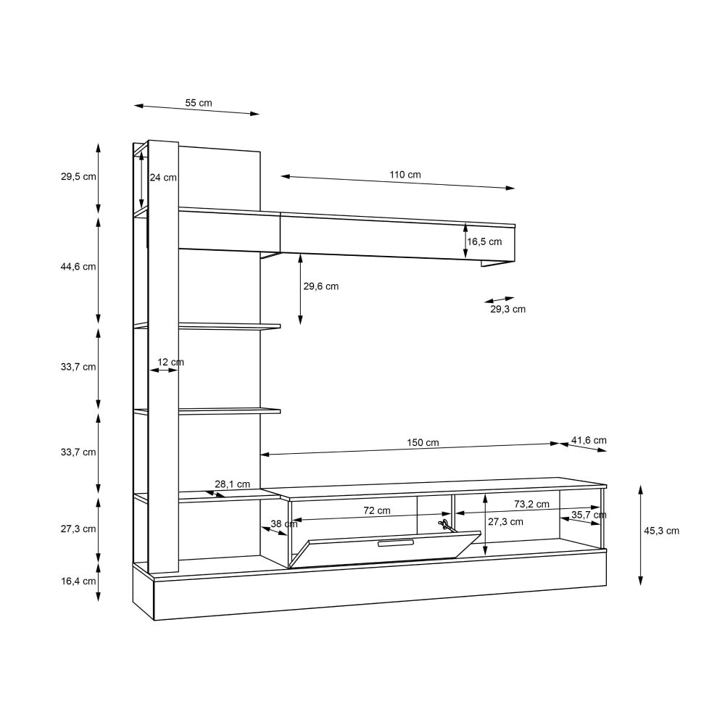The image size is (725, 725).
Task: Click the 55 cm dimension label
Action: tap(199, 103)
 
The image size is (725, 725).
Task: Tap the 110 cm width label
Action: tap(405, 174)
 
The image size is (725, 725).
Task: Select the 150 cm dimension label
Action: tap(423, 442)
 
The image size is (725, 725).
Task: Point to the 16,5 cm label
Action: tap(484, 241)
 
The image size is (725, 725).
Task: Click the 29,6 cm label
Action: tap(321, 286)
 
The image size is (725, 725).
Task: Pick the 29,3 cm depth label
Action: tap(507, 309)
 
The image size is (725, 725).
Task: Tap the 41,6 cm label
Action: tap(589, 440)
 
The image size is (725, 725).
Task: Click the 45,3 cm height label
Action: tap(662, 531)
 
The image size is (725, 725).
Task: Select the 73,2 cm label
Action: tap(531, 504)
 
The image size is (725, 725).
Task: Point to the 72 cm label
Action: tap(377, 510)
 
